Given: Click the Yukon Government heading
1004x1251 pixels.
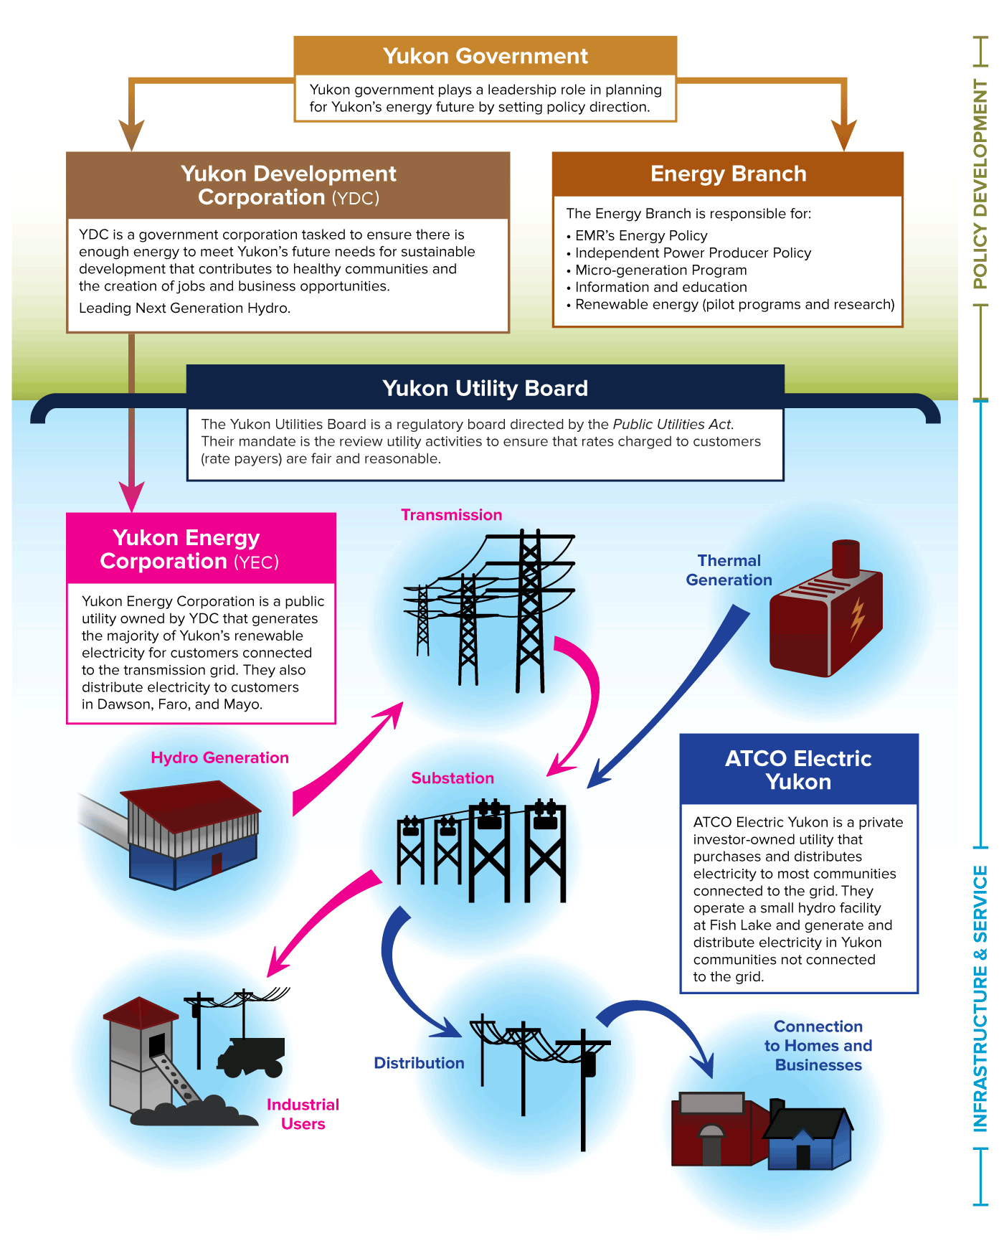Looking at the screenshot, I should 485,56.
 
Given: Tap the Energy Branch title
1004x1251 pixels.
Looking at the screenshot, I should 728,174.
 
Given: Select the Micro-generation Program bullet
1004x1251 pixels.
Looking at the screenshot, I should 660,270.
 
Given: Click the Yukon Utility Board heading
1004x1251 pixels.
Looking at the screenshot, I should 485,388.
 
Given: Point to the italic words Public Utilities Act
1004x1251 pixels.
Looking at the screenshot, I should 672,424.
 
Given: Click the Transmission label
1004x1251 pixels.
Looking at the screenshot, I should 451,514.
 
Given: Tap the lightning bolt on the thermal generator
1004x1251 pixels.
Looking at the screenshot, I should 857,619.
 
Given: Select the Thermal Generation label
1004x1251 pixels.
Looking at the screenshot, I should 729,570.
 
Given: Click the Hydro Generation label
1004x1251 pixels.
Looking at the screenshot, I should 219,757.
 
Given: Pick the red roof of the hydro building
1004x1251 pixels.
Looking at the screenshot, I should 190,803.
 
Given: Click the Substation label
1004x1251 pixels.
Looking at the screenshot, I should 453,778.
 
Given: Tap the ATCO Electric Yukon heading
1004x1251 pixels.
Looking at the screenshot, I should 798,770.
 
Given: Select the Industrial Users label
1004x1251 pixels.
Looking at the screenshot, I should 303,1114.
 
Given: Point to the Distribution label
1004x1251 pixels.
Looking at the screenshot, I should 419,1063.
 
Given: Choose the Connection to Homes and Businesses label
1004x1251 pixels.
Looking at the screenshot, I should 818,1045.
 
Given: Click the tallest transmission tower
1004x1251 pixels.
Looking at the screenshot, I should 530,610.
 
